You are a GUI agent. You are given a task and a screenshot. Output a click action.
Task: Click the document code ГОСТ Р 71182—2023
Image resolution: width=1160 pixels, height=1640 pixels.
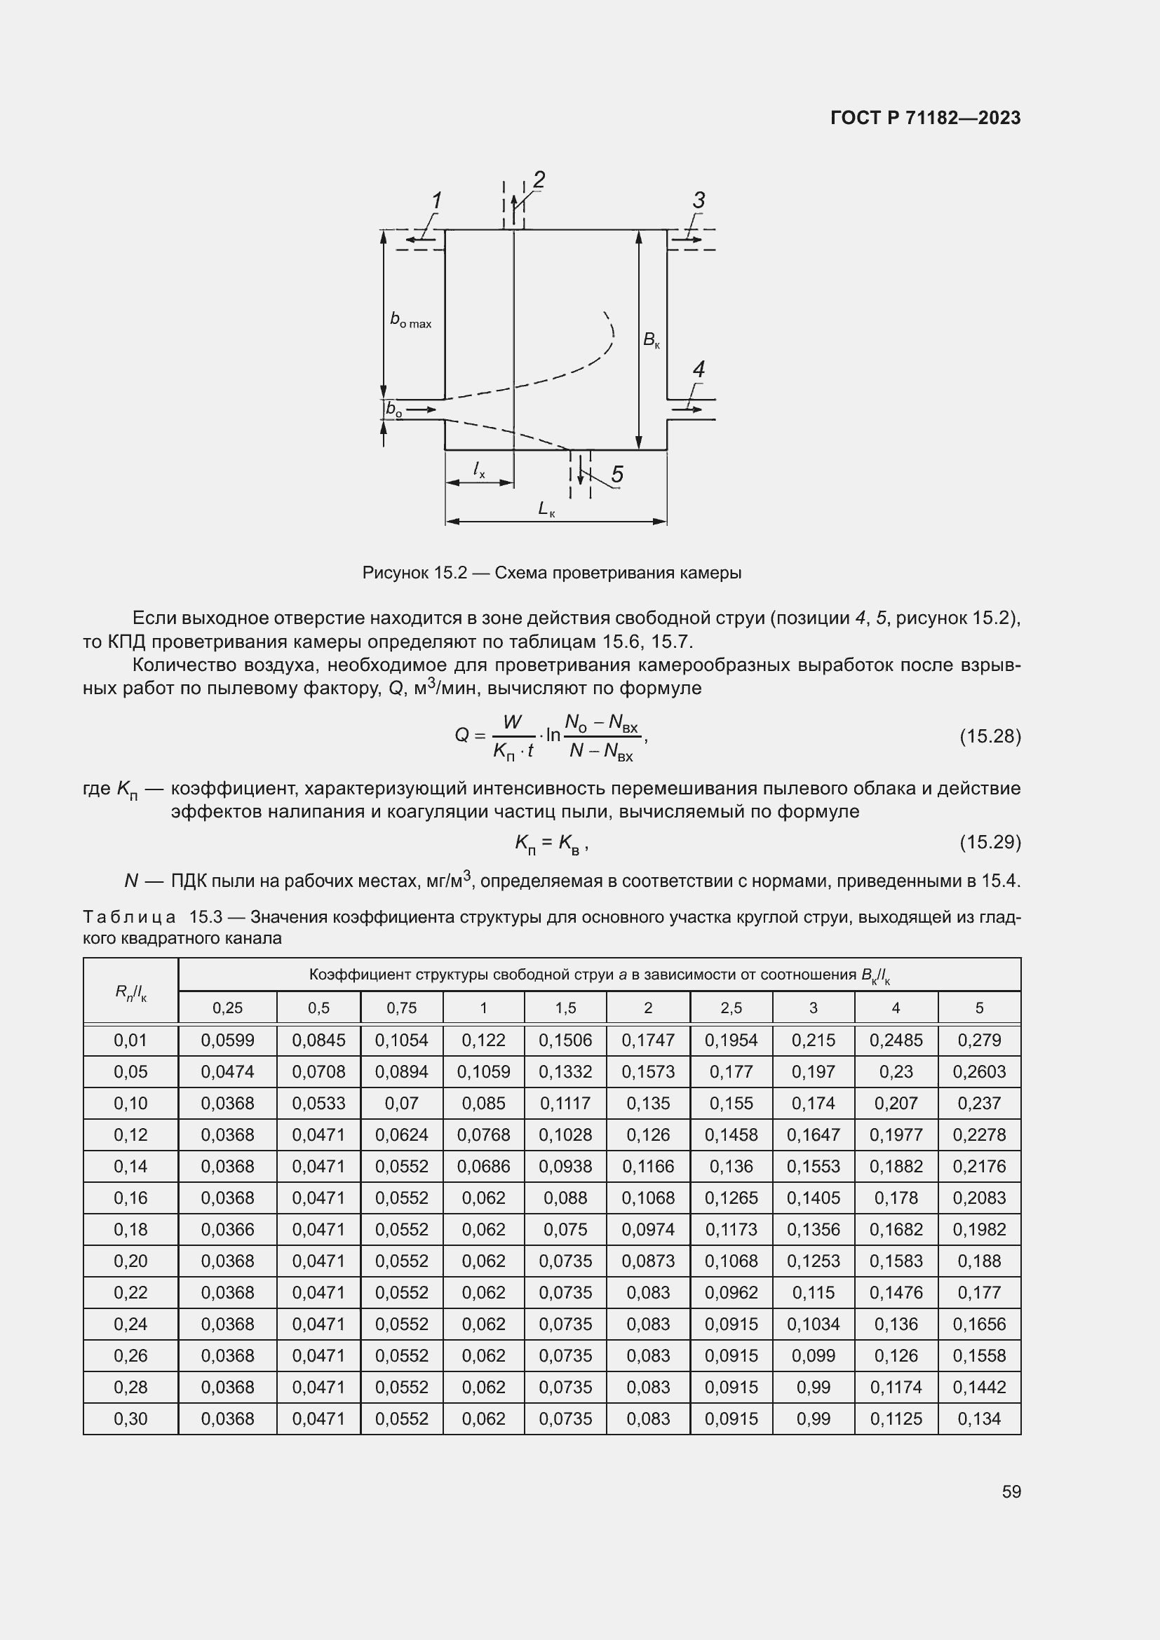(926, 118)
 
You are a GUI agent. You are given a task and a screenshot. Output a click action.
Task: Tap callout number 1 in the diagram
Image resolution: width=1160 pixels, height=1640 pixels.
(436, 201)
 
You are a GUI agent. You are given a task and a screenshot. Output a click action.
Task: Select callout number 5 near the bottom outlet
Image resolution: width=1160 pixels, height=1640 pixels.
(617, 474)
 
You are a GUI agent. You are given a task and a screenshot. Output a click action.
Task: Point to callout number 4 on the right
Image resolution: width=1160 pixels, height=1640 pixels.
(699, 370)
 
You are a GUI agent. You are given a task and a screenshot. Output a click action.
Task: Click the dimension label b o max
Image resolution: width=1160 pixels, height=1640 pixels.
(410, 320)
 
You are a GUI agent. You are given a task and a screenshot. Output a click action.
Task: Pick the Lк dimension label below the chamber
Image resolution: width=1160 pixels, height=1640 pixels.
(546, 508)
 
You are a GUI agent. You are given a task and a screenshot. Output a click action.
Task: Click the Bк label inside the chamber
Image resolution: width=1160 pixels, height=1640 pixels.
(652, 341)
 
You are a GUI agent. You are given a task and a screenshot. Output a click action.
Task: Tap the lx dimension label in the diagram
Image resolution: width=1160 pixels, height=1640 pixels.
(478, 469)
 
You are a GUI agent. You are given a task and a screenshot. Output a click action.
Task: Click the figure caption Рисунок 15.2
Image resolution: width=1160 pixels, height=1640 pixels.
(551, 573)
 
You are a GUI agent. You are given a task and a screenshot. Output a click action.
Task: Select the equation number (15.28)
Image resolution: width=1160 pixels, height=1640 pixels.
(990, 736)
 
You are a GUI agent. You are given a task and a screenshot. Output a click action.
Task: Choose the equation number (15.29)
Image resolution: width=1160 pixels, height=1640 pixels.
(990, 842)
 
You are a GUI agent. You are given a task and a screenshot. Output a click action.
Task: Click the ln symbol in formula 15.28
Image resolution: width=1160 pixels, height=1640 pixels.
(553, 735)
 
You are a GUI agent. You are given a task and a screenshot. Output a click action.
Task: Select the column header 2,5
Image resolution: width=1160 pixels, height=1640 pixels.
(731, 1008)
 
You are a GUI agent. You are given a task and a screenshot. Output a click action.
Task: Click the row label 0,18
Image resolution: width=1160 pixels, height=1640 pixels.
(130, 1229)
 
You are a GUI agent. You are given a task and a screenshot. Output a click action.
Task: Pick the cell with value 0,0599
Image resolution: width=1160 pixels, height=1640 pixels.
(227, 1041)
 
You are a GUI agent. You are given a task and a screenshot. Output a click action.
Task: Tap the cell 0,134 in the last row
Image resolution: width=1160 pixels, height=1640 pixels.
(978, 1418)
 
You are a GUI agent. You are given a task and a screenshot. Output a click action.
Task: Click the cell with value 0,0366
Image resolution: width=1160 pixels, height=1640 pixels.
(227, 1229)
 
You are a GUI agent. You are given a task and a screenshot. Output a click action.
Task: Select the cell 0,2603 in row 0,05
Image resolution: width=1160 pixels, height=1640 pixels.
(978, 1072)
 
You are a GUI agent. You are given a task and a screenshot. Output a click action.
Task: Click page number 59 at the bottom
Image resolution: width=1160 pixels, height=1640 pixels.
(1011, 1491)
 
